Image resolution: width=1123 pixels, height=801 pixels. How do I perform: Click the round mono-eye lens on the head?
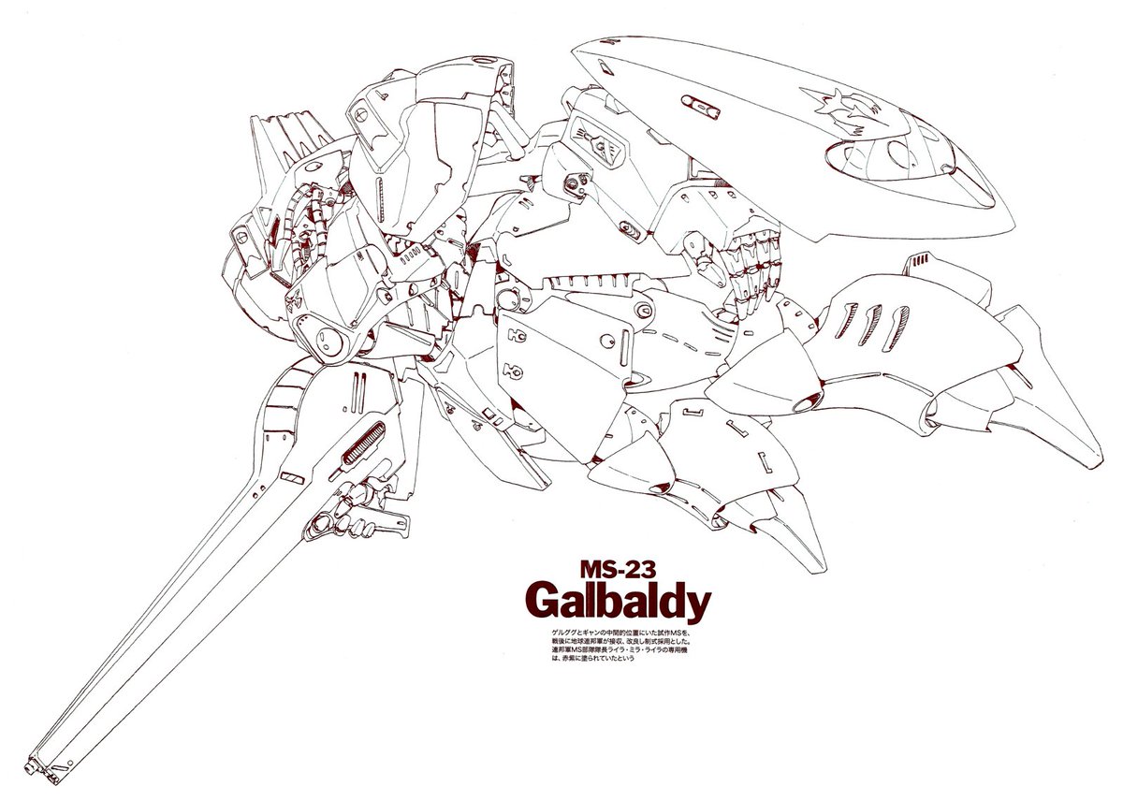coord(324,334)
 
